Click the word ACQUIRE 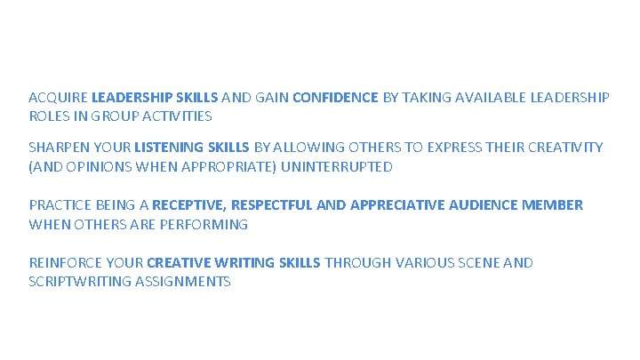point(58,98)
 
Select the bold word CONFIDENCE point(335,98)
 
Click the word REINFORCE point(67,263)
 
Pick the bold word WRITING point(238,263)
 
